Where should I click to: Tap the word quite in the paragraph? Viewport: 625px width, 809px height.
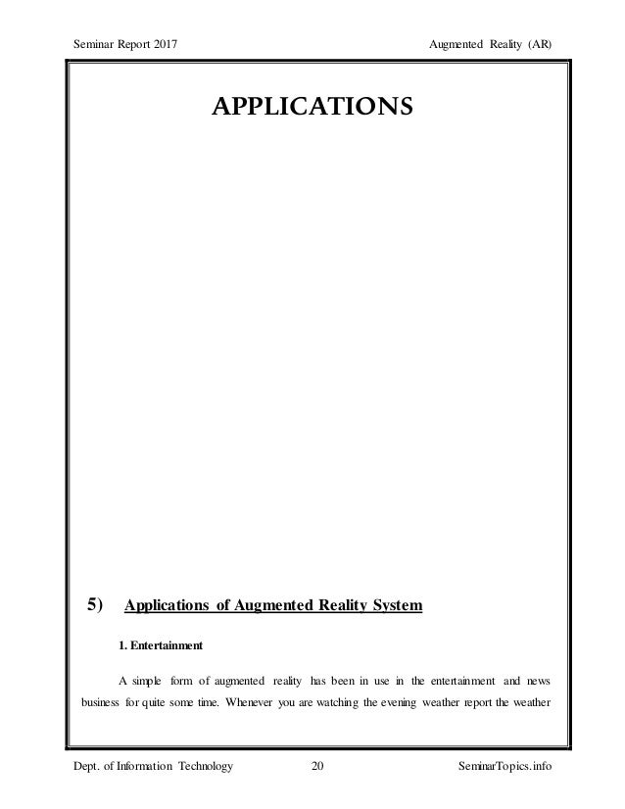pyautogui.click(x=156, y=705)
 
